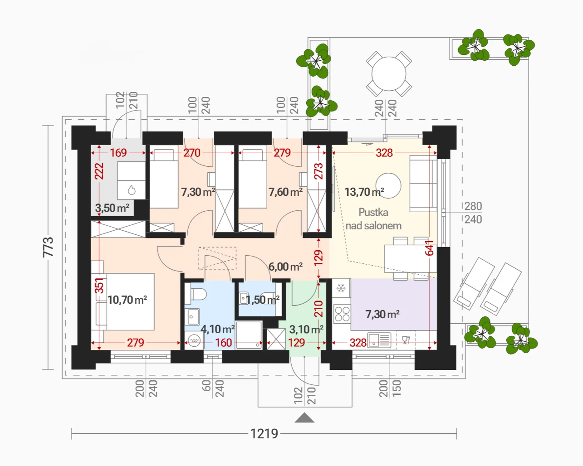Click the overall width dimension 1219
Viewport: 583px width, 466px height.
pos(264,433)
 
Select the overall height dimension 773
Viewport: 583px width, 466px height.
pos(48,247)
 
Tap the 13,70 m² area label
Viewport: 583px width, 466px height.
pos(364,192)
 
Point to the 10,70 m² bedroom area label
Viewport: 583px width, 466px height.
pos(127,300)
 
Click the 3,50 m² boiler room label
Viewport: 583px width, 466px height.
pos(112,208)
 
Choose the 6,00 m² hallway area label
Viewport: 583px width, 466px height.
pos(285,267)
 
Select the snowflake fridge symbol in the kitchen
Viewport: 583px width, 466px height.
pos(341,288)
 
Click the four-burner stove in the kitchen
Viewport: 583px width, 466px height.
pos(342,314)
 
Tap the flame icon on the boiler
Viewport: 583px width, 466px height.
pos(132,190)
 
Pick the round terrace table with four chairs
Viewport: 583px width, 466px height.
pos(389,73)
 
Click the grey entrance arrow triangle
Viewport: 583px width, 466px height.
pos(304,418)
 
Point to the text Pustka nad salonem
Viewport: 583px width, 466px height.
pos(373,219)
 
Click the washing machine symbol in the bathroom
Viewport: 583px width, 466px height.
pos(194,340)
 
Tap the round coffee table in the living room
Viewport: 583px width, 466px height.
pos(388,186)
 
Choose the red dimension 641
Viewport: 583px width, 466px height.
pos(429,248)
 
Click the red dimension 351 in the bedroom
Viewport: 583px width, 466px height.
pos(99,286)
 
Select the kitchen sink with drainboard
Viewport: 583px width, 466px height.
pos(378,340)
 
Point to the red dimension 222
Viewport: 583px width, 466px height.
pos(99,171)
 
